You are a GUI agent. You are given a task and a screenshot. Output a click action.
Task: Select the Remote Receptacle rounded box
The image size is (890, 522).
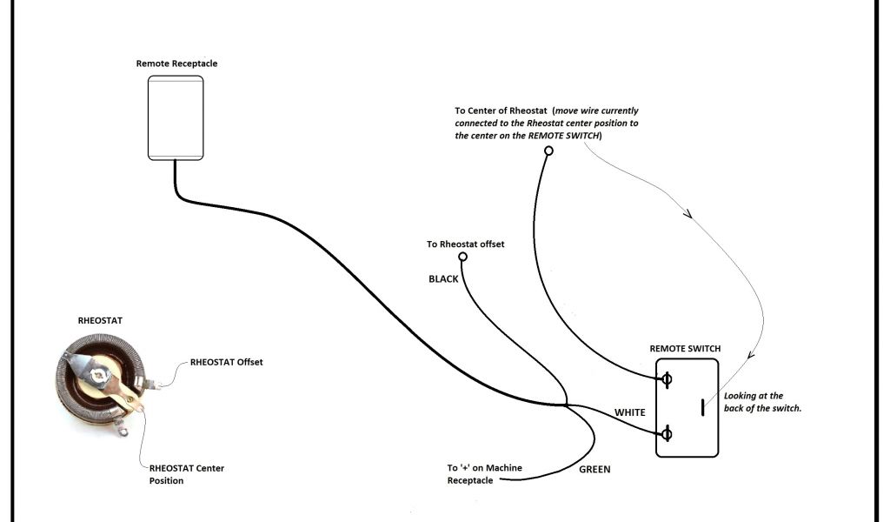[x=176, y=117]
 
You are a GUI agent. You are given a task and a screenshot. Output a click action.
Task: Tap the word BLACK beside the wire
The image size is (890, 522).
[x=443, y=279]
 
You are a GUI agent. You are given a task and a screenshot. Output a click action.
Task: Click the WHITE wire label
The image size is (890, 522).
[x=629, y=412]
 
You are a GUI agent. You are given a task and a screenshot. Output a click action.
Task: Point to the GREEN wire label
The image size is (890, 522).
[x=594, y=470]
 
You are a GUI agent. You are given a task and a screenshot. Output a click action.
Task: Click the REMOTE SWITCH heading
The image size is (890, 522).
[x=685, y=349]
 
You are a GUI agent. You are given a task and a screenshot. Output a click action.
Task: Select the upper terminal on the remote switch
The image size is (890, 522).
[x=667, y=379]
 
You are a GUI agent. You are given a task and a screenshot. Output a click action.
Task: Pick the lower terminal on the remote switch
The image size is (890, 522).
[x=667, y=434]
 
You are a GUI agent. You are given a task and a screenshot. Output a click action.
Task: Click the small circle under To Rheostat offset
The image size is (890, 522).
[x=462, y=258]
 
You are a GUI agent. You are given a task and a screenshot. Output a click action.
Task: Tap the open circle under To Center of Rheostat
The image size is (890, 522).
[x=548, y=151]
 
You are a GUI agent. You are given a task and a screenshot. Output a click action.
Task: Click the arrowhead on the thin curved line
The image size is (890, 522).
[x=688, y=213]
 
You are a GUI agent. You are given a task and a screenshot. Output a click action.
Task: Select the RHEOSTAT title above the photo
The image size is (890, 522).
[x=100, y=320]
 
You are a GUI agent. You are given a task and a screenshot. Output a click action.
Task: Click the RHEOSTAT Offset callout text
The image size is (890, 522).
[x=226, y=362]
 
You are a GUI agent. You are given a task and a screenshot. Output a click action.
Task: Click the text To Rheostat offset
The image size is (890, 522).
[x=465, y=244]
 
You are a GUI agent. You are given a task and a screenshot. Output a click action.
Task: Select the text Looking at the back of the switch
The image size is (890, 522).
[x=761, y=402]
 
